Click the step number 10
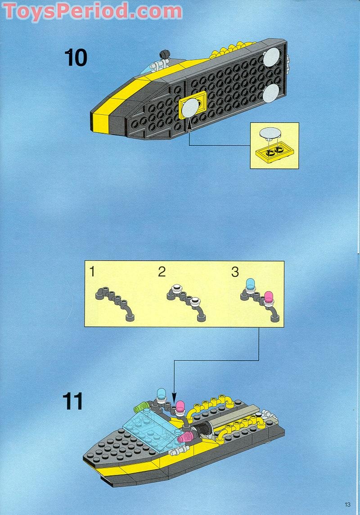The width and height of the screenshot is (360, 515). coord(76,58)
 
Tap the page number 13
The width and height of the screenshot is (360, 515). coord(347,504)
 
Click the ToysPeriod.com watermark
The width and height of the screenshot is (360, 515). coord(93,11)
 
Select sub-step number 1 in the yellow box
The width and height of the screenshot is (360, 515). coord(92,272)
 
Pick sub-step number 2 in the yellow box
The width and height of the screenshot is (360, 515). coord(162,272)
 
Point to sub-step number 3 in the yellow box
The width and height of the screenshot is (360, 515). coord(235,272)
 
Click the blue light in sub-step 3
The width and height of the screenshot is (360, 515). coord(251,284)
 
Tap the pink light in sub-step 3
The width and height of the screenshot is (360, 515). coord(269,297)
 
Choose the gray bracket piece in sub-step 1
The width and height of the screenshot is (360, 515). coord(115,302)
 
